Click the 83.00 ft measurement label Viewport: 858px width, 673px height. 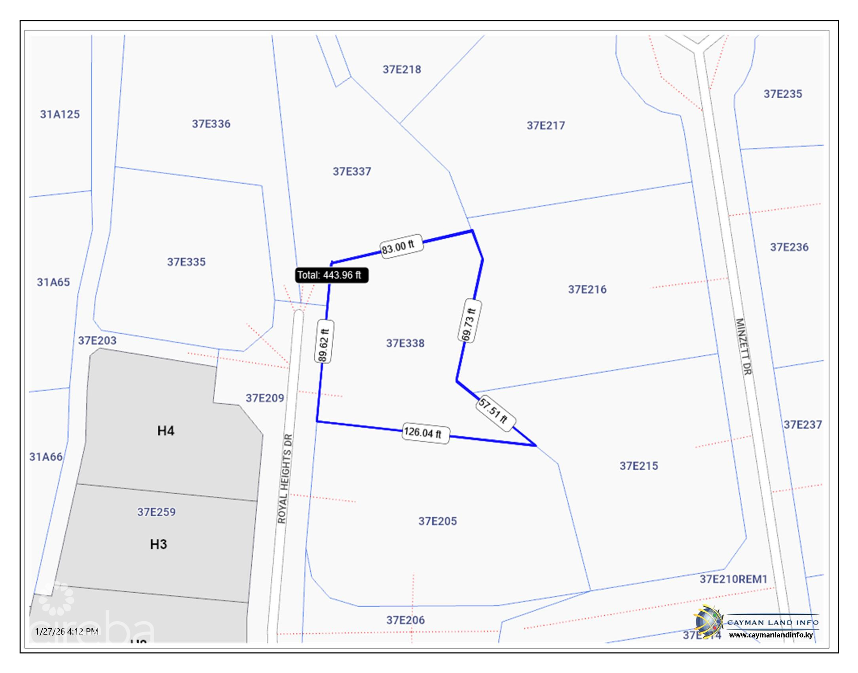tap(398, 247)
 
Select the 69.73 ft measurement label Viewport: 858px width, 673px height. tap(469, 324)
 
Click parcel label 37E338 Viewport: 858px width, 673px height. tap(405, 343)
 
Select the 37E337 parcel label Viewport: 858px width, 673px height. tap(352, 171)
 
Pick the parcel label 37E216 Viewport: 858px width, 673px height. tap(587, 289)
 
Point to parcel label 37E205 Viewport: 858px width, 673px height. tap(438, 521)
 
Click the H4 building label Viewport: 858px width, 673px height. tap(166, 431)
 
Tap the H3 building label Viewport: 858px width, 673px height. tap(158, 544)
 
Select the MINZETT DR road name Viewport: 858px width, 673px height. tap(744, 346)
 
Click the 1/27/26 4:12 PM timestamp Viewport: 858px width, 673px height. tap(66, 631)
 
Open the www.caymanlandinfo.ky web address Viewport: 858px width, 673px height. tap(771, 635)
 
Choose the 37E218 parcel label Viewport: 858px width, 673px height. tap(402, 70)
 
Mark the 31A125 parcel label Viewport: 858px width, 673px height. tap(60, 114)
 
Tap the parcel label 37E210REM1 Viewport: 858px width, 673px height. tap(733, 579)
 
